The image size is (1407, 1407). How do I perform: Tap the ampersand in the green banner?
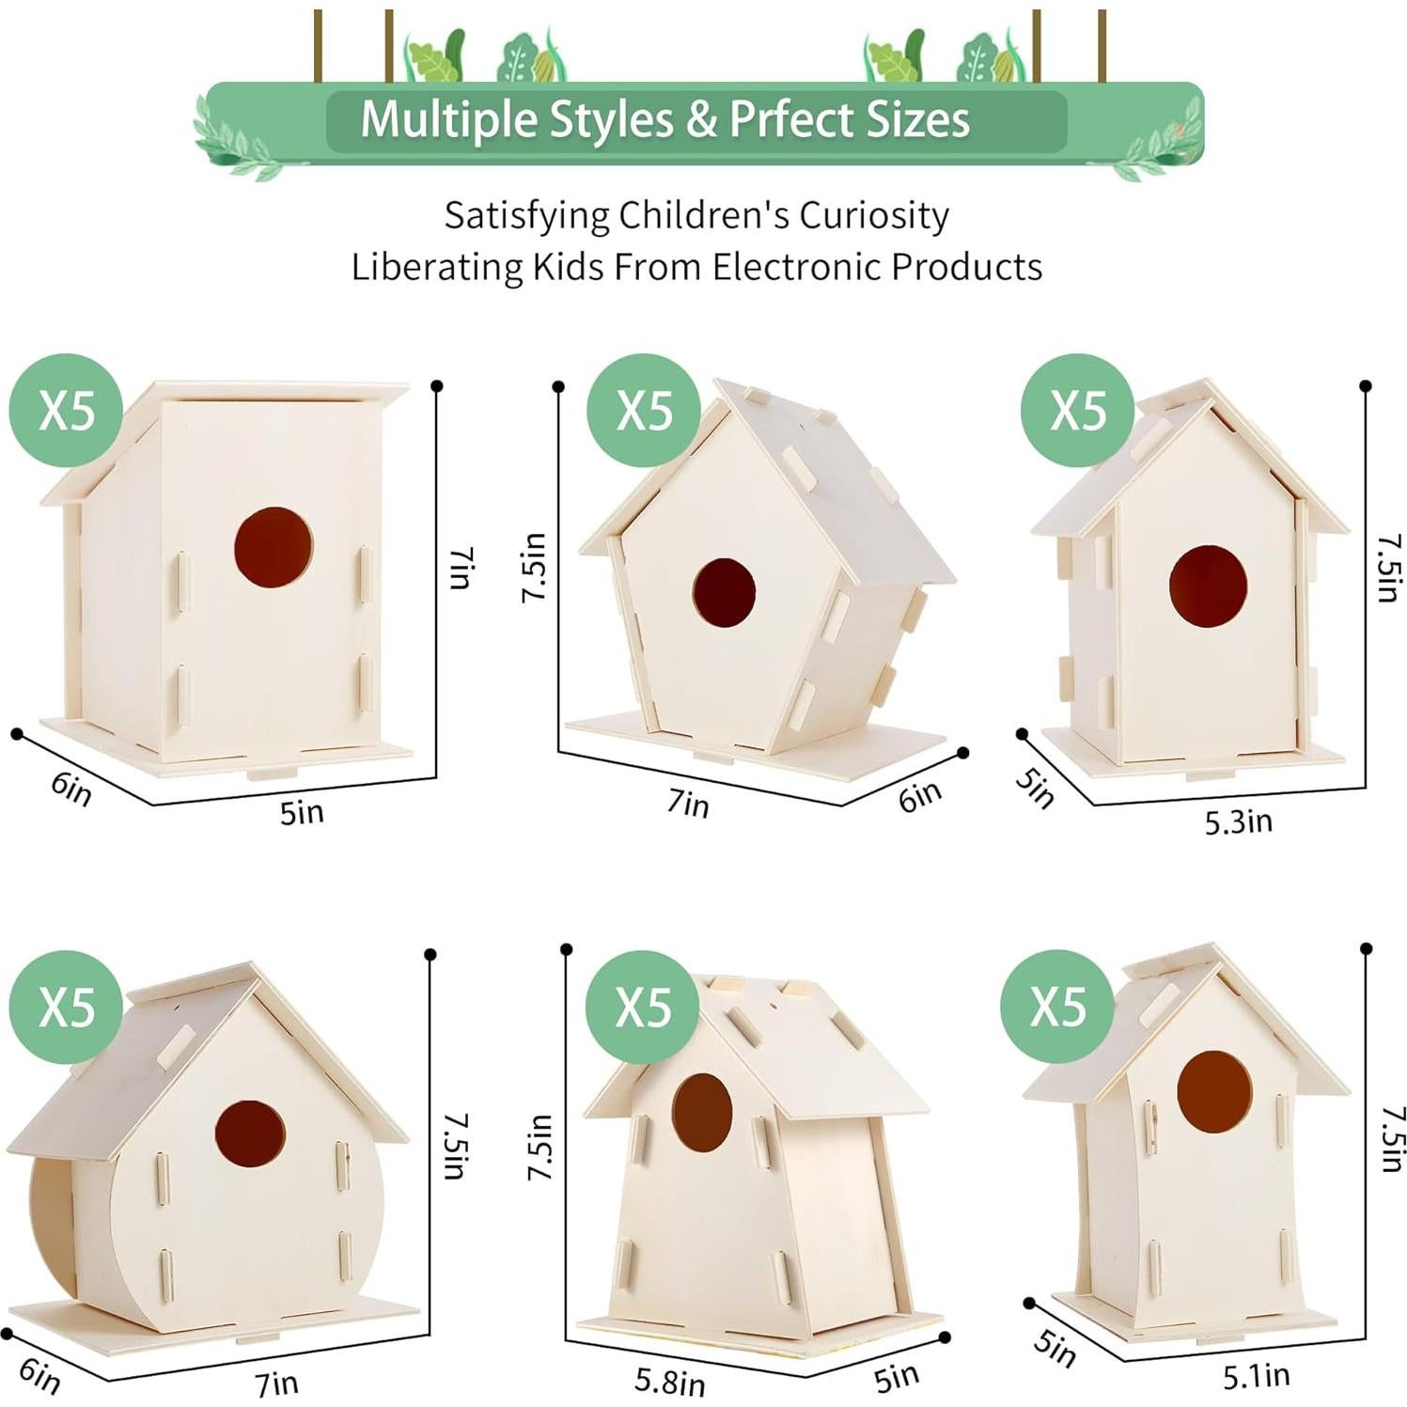coord(701,120)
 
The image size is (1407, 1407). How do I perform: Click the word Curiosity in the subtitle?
coord(874,215)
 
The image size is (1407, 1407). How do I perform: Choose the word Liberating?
coord(437,268)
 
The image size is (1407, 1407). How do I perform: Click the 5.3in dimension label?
coord(1238,822)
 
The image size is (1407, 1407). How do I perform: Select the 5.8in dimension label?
coord(669,1381)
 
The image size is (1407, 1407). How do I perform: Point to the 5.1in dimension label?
coord(1256,1377)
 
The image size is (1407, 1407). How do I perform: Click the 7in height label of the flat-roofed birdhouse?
coord(458,568)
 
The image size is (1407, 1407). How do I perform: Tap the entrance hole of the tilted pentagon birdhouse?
coord(724,593)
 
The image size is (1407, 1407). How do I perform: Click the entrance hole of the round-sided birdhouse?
coord(250,1133)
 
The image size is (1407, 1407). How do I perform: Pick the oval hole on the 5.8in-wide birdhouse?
coord(701,1111)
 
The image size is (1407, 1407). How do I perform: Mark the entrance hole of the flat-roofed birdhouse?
coord(274,547)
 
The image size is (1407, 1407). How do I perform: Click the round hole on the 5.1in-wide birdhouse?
coord(1214,1091)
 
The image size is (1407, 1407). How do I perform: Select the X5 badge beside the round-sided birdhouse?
coord(66,1008)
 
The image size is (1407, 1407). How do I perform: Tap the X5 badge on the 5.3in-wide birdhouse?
coord(1078,410)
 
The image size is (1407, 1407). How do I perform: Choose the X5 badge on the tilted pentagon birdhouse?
coord(644,411)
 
